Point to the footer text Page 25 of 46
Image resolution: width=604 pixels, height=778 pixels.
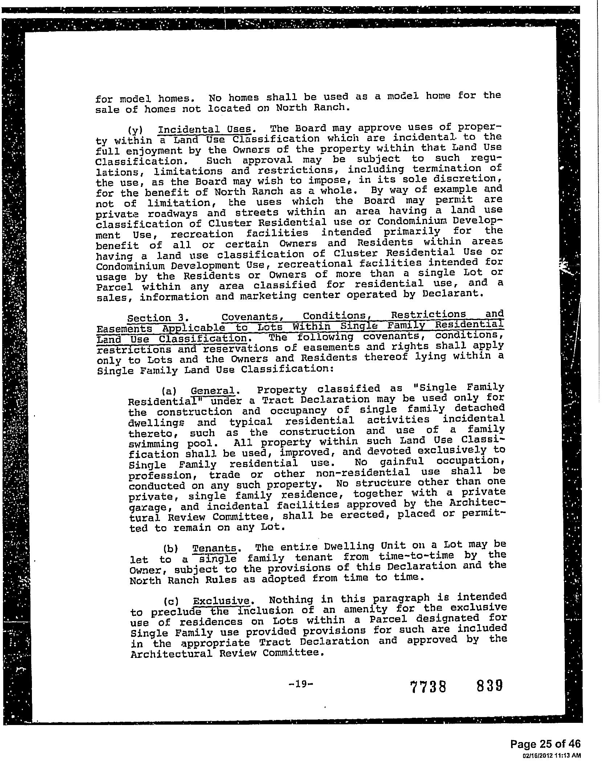pos(545,744)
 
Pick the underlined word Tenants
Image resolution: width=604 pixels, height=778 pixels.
pos(215,548)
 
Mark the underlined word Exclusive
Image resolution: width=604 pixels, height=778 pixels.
pos(221,601)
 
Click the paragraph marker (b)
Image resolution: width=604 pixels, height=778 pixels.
pos(170,549)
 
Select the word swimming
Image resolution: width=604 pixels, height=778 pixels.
pos(154,444)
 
